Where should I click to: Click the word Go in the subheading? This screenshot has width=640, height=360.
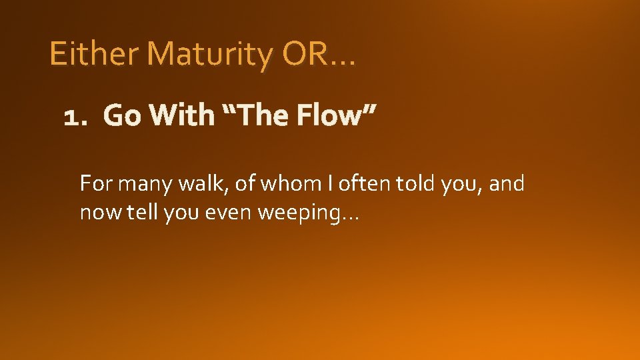[122, 116]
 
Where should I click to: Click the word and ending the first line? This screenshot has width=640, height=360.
[507, 183]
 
